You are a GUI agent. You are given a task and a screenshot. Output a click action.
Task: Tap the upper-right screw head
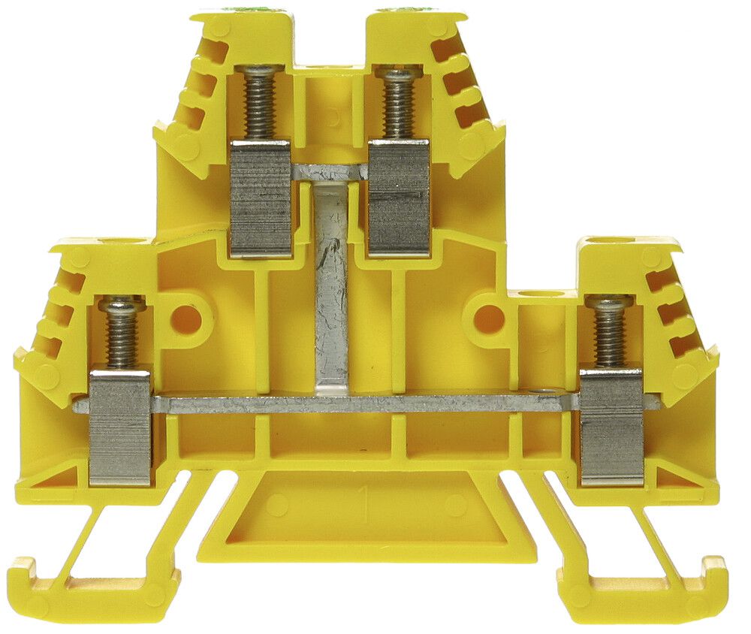tap(398, 73)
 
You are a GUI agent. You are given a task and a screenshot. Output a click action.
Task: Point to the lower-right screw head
tap(609, 303)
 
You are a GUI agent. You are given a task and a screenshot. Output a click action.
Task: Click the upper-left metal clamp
tap(260, 197)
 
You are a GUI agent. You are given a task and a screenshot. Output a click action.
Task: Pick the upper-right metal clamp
tap(398, 197)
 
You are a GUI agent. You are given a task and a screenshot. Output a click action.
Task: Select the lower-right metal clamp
tap(611, 425)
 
